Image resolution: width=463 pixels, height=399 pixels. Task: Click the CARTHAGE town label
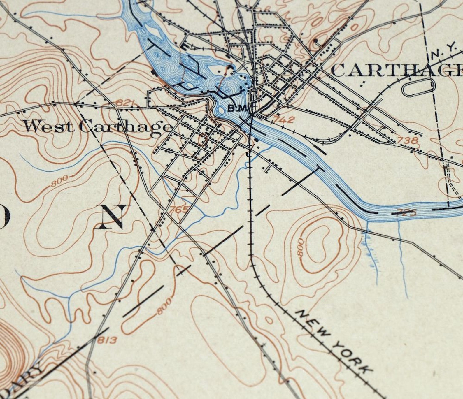[397, 71]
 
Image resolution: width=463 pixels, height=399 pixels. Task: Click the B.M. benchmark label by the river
[238, 108]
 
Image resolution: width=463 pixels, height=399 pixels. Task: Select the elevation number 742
[285, 119]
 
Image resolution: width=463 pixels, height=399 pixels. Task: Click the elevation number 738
[407, 140]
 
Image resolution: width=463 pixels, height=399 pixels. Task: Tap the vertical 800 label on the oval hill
[300, 247]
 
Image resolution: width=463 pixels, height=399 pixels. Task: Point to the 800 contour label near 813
[164, 307]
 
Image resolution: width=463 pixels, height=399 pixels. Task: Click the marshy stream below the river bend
[370, 248]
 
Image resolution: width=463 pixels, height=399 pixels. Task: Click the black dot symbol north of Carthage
[316, 40]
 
